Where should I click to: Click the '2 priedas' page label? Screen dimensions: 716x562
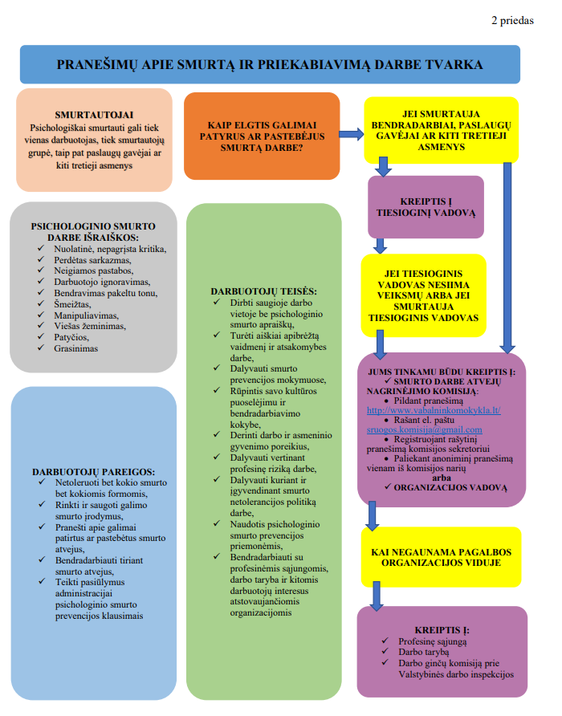pos(511,21)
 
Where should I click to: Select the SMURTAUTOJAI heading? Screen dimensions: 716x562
pos(94,115)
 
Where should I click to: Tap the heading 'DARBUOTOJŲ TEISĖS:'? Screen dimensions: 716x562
pos(263,291)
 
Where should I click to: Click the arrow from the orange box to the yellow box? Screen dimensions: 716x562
pos(351,134)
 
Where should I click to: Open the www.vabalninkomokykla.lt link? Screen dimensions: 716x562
pos(434,409)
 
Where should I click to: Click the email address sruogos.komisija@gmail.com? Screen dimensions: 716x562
pos(425,429)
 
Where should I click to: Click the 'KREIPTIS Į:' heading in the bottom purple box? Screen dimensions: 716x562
pos(442,629)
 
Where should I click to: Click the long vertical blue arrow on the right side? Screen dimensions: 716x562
pos(507,257)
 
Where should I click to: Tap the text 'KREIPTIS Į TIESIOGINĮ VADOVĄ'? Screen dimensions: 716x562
pos(426,206)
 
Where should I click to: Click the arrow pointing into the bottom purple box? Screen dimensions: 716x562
pos(377,594)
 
